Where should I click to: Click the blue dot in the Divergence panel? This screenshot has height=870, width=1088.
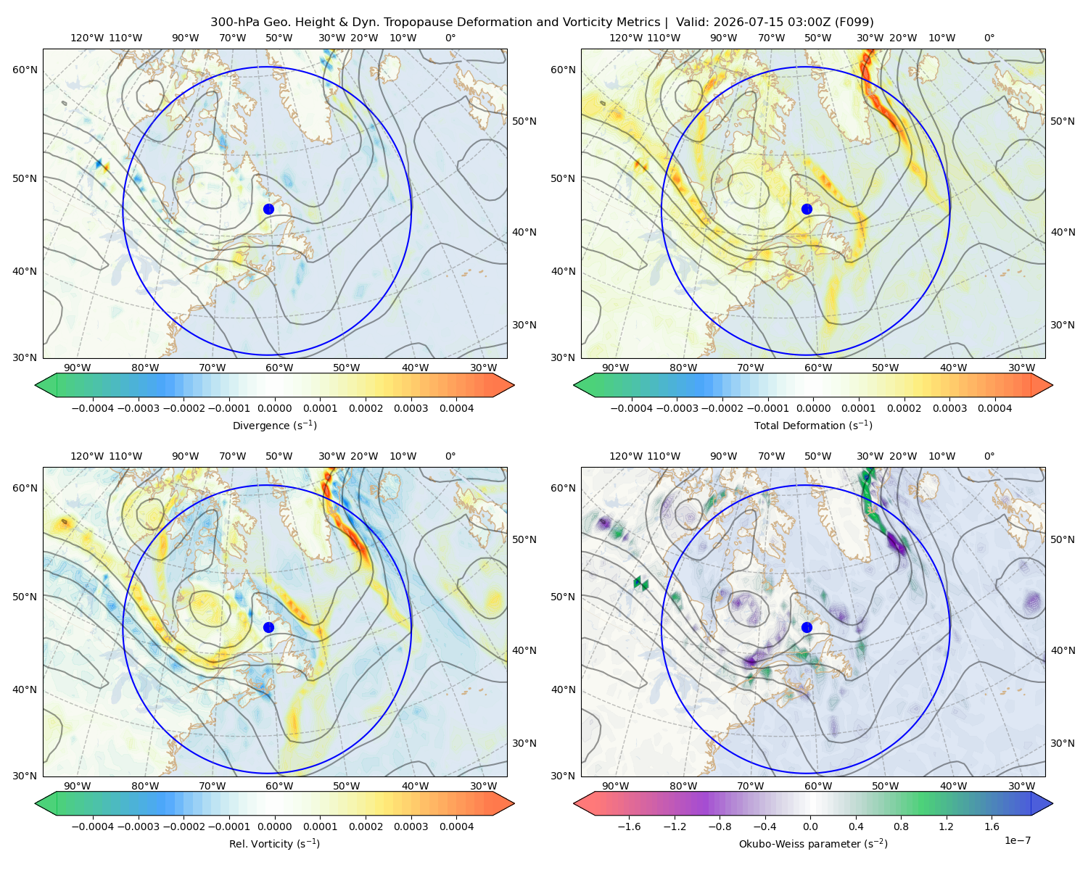click(x=268, y=210)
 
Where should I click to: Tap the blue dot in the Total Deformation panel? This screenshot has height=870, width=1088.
click(x=807, y=210)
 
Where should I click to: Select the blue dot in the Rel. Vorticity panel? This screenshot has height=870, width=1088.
click(x=268, y=627)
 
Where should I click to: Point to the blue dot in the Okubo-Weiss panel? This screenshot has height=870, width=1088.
click(x=807, y=627)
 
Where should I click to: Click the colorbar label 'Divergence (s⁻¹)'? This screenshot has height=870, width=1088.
click(x=274, y=426)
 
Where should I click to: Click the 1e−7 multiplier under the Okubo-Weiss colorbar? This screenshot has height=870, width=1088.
click(x=1017, y=841)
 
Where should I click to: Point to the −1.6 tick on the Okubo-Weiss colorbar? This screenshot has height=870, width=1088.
click(x=629, y=826)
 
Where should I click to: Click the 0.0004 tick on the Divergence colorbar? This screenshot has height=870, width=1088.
click(x=456, y=408)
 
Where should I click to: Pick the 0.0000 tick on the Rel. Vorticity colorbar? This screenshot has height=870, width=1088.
click(x=274, y=826)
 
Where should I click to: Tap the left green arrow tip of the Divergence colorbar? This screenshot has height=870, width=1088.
click(x=36, y=385)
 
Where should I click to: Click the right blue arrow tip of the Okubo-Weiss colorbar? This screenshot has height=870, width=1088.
click(x=1052, y=803)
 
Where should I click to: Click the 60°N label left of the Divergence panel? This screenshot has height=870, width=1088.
click(x=25, y=70)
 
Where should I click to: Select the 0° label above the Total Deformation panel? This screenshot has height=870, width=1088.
click(x=989, y=38)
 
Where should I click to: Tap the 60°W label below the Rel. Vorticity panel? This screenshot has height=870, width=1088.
click(x=279, y=786)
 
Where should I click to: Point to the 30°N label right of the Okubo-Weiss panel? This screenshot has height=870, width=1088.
click(x=1063, y=743)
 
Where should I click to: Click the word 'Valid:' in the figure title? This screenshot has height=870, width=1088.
click(x=693, y=22)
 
